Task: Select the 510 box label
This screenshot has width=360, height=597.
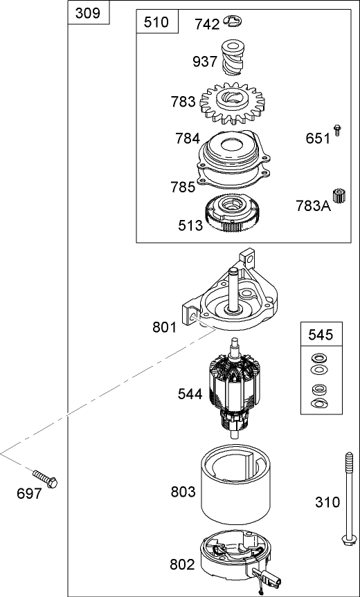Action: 156,22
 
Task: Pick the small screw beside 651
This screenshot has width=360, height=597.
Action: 337,130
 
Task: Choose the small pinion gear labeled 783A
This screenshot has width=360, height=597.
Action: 339,196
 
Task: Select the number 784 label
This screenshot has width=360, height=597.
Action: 187,138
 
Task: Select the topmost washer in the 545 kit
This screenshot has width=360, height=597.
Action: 320,358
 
